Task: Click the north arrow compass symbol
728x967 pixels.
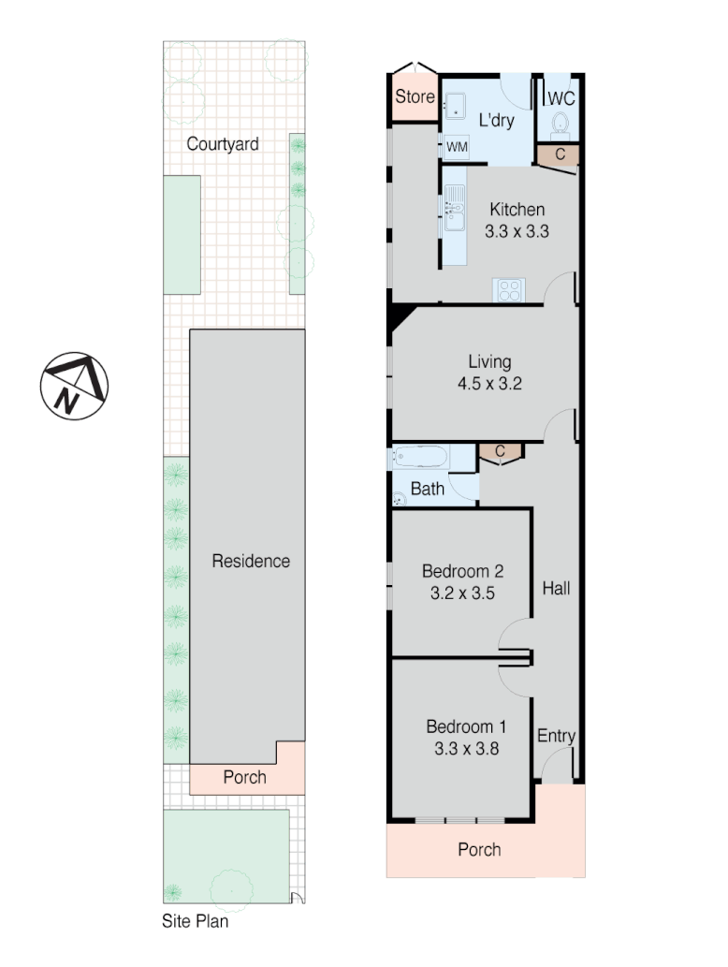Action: click(74, 387)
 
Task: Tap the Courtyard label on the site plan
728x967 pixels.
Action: click(223, 144)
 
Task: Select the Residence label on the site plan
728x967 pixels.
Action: click(251, 562)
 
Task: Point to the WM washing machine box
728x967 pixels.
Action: click(456, 147)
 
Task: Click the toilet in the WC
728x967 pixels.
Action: click(561, 125)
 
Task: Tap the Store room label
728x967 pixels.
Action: click(415, 96)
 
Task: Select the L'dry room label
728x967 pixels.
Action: click(496, 121)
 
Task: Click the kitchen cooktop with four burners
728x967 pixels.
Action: click(510, 290)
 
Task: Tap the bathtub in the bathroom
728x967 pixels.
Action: click(421, 459)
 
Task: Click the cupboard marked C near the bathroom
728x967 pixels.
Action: click(500, 452)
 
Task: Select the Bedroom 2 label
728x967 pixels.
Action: click(463, 571)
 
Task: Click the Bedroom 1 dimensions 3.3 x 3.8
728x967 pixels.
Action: click(466, 748)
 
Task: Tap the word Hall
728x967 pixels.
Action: click(556, 589)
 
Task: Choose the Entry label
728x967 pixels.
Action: click(556, 736)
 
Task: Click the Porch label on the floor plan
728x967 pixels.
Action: click(479, 850)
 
